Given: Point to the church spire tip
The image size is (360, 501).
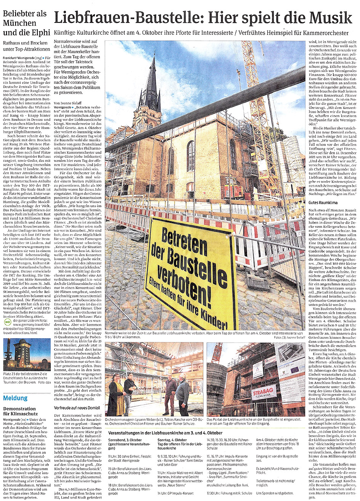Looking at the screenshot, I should (153, 57).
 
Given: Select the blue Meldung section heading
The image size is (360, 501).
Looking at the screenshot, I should (16, 399).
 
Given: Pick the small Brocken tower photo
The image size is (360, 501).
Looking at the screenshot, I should (27, 354).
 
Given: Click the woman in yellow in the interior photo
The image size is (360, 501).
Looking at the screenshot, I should (115, 394).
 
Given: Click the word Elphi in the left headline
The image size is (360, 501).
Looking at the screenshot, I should (35, 32).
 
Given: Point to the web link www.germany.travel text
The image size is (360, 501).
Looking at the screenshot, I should (27, 325).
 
